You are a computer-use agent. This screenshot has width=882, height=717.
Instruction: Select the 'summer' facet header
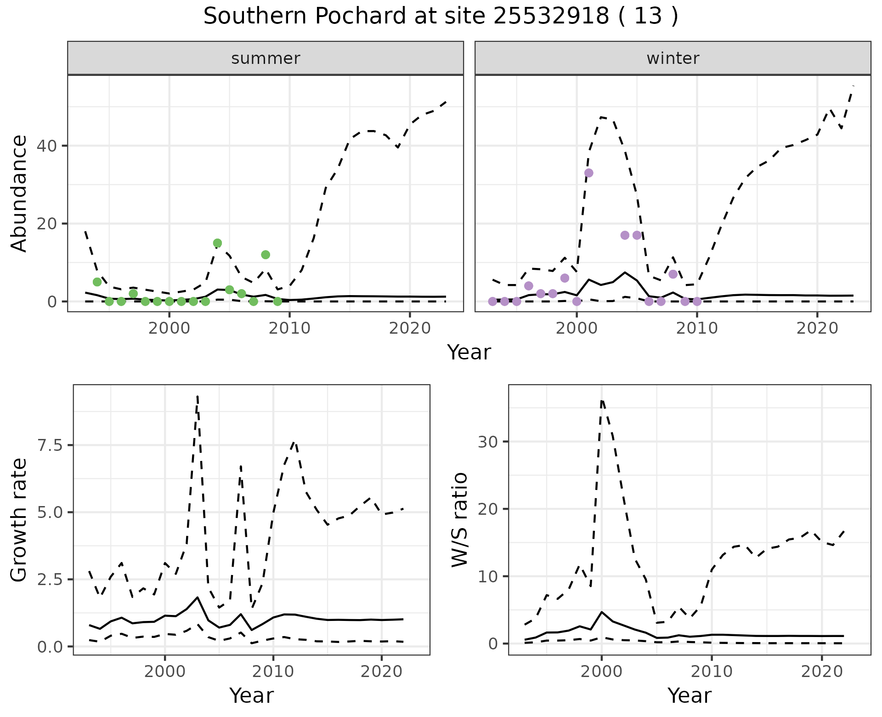(x=266, y=58)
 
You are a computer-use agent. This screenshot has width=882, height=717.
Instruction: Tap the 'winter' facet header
(x=673, y=58)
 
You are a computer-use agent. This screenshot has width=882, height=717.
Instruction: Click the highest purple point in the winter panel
(x=588, y=173)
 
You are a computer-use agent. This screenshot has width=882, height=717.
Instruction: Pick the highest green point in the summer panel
(x=218, y=243)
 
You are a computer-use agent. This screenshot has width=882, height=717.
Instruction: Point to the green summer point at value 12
(x=266, y=255)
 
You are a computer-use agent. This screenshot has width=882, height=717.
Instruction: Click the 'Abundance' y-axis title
(x=19, y=193)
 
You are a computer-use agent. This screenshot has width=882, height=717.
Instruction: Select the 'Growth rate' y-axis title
(x=19, y=520)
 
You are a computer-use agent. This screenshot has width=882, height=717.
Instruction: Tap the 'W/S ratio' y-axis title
(x=459, y=520)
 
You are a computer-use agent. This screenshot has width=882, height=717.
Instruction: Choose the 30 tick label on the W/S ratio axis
(x=488, y=442)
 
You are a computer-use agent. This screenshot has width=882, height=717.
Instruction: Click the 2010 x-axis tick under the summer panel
(x=290, y=328)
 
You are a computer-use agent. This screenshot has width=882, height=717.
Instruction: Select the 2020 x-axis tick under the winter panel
(x=817, y=328)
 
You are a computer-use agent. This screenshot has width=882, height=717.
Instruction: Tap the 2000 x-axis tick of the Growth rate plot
(x=165, y=672)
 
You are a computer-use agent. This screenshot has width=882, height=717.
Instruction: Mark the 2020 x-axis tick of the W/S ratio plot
(x=822, y=672)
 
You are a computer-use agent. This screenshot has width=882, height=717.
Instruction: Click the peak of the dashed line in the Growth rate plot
(x=198, y=396)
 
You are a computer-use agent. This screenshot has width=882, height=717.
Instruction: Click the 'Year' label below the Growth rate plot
(x=251, y=696)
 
